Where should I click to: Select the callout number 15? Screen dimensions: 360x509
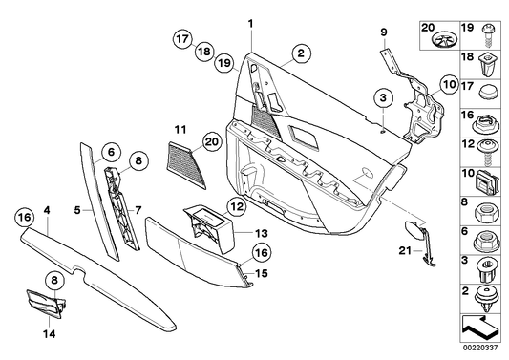point(255,273)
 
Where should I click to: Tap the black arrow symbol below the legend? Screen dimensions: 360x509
point(485,325)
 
